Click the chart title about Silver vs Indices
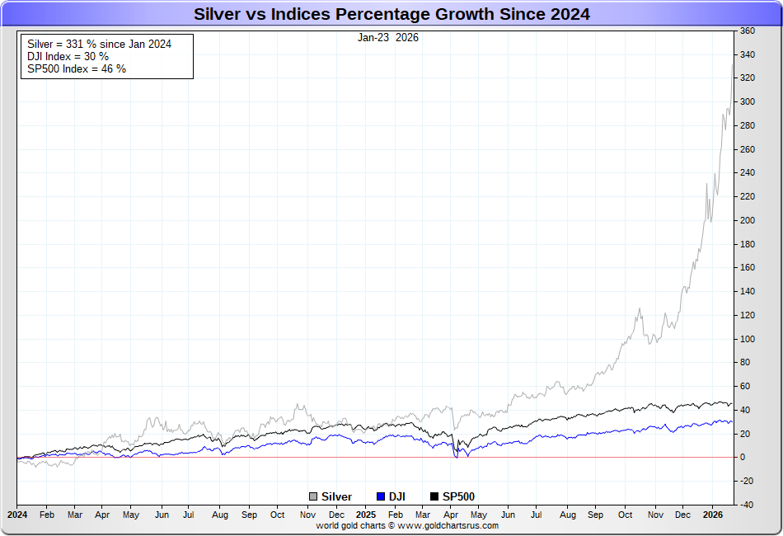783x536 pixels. click(x=391, y=14)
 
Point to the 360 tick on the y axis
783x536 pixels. click(x=748, y=31)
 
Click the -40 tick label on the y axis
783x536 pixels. click(x=747, y=505)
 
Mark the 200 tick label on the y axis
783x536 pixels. click(x=748, y=220)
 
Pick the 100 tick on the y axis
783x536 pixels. click(x=748, y=339)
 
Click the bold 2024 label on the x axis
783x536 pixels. click(x=17, y=515)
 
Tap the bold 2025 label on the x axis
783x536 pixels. click(x=366, y=515)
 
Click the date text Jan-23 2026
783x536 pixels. click(x=387, y=38)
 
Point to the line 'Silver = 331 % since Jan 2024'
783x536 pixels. click(x=99, y=45)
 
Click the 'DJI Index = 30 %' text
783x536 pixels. click(x=68, y=57)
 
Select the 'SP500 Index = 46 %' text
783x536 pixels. click(x=77, y=69)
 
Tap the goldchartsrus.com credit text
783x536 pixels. click(x=407, y=525)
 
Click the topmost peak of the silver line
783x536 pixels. click(x=733, y=64)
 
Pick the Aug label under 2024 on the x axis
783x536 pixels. click(x=220, y=515)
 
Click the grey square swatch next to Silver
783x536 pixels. click(x=313, y=496)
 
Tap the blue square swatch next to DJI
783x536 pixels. click(x=380, y=496)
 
